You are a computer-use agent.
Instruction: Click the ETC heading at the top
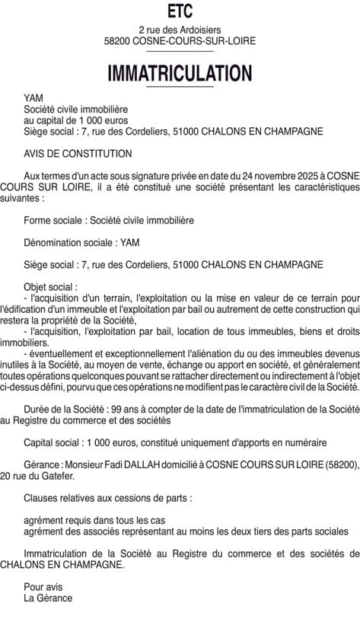point(180,11)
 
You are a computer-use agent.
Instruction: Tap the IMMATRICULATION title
point(180,73)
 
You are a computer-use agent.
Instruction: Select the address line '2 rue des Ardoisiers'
point(180,30)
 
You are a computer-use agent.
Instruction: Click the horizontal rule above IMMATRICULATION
point(180,50)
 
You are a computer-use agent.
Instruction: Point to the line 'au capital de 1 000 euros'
point(76,120)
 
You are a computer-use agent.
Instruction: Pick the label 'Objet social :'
point(51,286)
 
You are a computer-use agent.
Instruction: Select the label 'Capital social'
point(55,442)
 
